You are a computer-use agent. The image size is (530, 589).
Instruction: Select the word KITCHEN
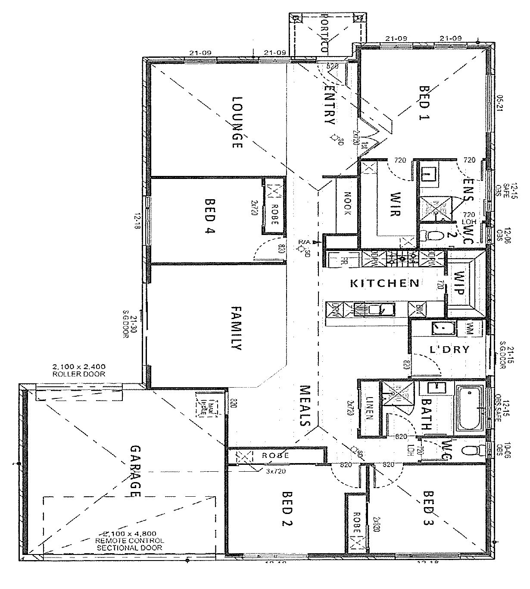384,283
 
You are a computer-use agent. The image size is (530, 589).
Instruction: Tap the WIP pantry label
459,283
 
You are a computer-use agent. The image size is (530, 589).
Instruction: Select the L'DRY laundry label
449,349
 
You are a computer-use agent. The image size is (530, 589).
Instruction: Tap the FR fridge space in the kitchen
343,260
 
